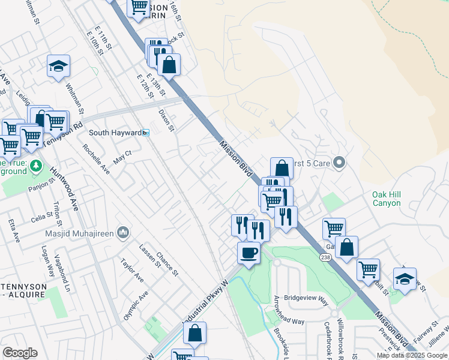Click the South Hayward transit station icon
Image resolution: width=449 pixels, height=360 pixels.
(x=146, y=133)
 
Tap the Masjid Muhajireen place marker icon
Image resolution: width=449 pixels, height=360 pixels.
(x=122, y=232)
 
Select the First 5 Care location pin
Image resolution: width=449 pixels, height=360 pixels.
(x=339, y=163)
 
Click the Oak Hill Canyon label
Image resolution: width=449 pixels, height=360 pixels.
(x=386, y=199)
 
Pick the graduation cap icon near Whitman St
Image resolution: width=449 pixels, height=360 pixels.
(x=59, y=67)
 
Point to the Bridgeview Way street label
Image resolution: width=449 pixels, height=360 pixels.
(x=306, y=298)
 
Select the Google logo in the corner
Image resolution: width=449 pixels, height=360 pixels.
(x=20, y=352)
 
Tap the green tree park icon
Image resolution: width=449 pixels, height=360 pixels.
(x=36, y=164)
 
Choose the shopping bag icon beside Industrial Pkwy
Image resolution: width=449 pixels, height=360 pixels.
(x=194, y=334)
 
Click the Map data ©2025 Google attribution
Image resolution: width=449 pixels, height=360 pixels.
(x=411, y=355)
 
